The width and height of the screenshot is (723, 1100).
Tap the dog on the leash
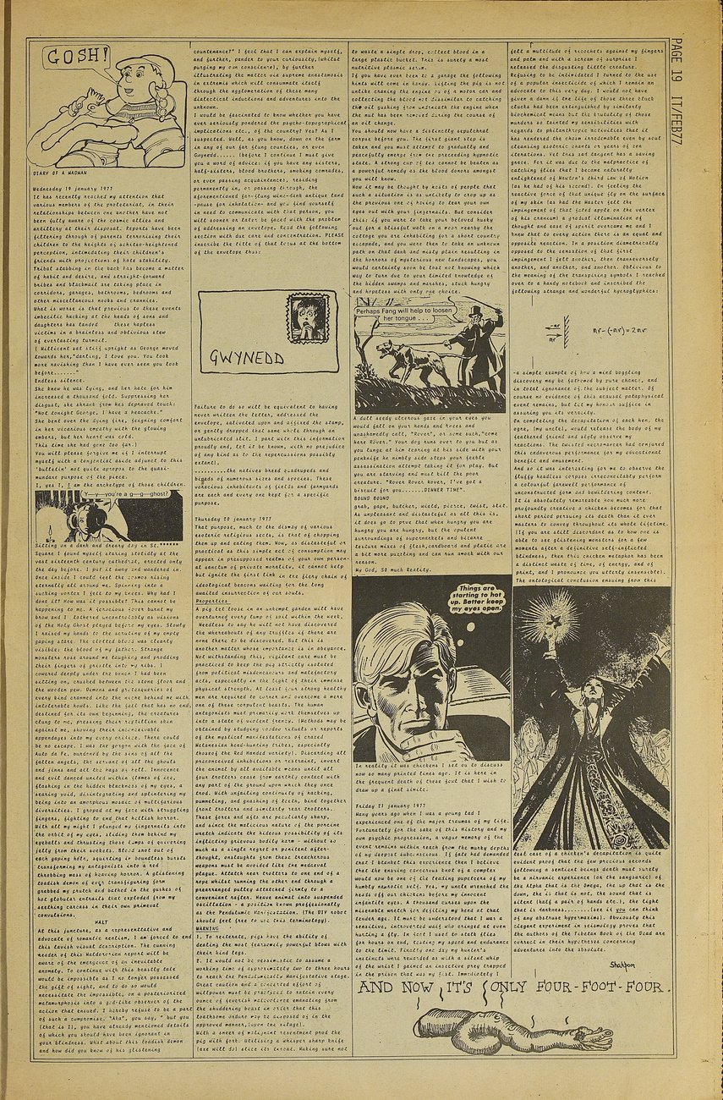pyautogui.click(x=414, y=359)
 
